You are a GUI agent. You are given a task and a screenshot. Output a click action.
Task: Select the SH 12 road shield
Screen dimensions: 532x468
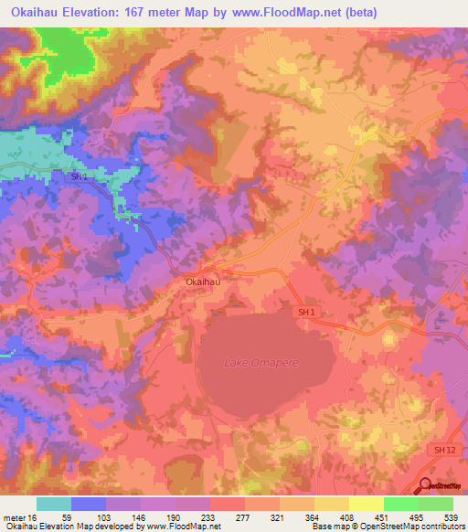(443, 451)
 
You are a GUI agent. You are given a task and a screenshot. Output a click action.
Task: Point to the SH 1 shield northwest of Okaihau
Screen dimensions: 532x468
(80, 176)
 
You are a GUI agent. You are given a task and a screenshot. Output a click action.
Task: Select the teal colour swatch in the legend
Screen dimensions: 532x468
(54, 504)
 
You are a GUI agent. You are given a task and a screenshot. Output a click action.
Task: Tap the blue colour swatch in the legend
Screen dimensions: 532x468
(89, 504)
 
